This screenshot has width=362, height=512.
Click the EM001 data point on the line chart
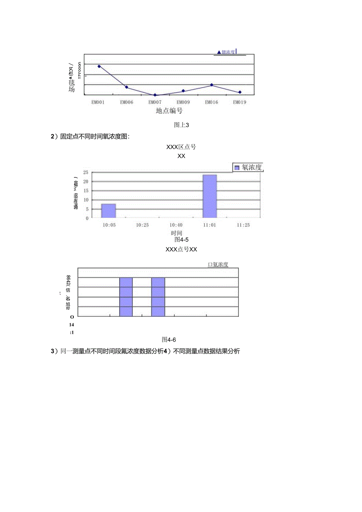point(99,67)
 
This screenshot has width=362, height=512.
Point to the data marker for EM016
point(211,85)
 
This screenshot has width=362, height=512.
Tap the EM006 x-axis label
point(126,102)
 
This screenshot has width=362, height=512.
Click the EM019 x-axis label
point(239,102)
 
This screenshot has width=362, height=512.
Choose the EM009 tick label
point(183,102)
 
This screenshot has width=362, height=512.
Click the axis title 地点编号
point(169,111)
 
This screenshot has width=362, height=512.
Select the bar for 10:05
point(109,211)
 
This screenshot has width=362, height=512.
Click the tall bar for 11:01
point(209,196)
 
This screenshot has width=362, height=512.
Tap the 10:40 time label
point(176,225)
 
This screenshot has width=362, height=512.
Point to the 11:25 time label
point(243,225)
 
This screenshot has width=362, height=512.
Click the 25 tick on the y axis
point(85,172)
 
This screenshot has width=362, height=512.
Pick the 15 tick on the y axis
point(85,190)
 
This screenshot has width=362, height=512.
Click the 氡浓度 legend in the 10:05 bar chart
point(248,168)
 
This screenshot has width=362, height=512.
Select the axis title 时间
point(176,233)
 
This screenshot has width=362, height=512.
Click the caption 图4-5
point(182,239)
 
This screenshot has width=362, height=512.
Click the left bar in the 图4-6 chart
point(126,296)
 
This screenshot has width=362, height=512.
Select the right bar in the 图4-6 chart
point(158,296)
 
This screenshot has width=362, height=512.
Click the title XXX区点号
point(181,147)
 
